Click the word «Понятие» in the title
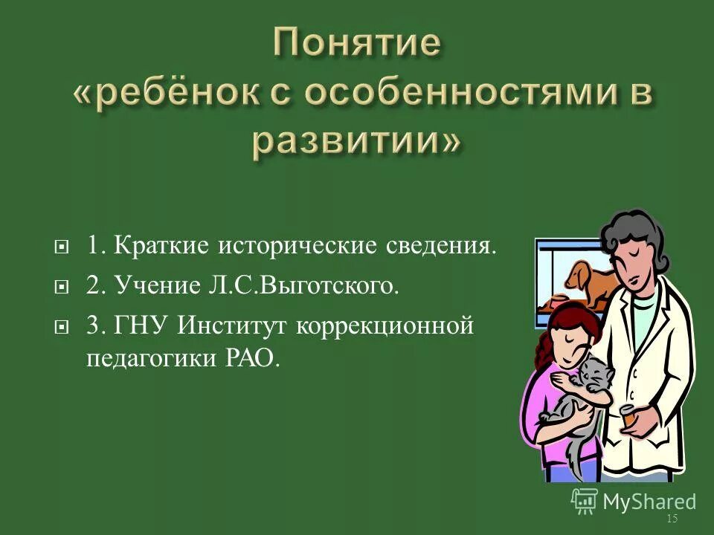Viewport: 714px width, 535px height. click(x=356, y=45)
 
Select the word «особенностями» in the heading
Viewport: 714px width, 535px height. click(x=446, y=94)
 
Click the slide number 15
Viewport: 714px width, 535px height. click(x=672, y=519)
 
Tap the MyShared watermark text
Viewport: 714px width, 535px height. click(x=648, y=502)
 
